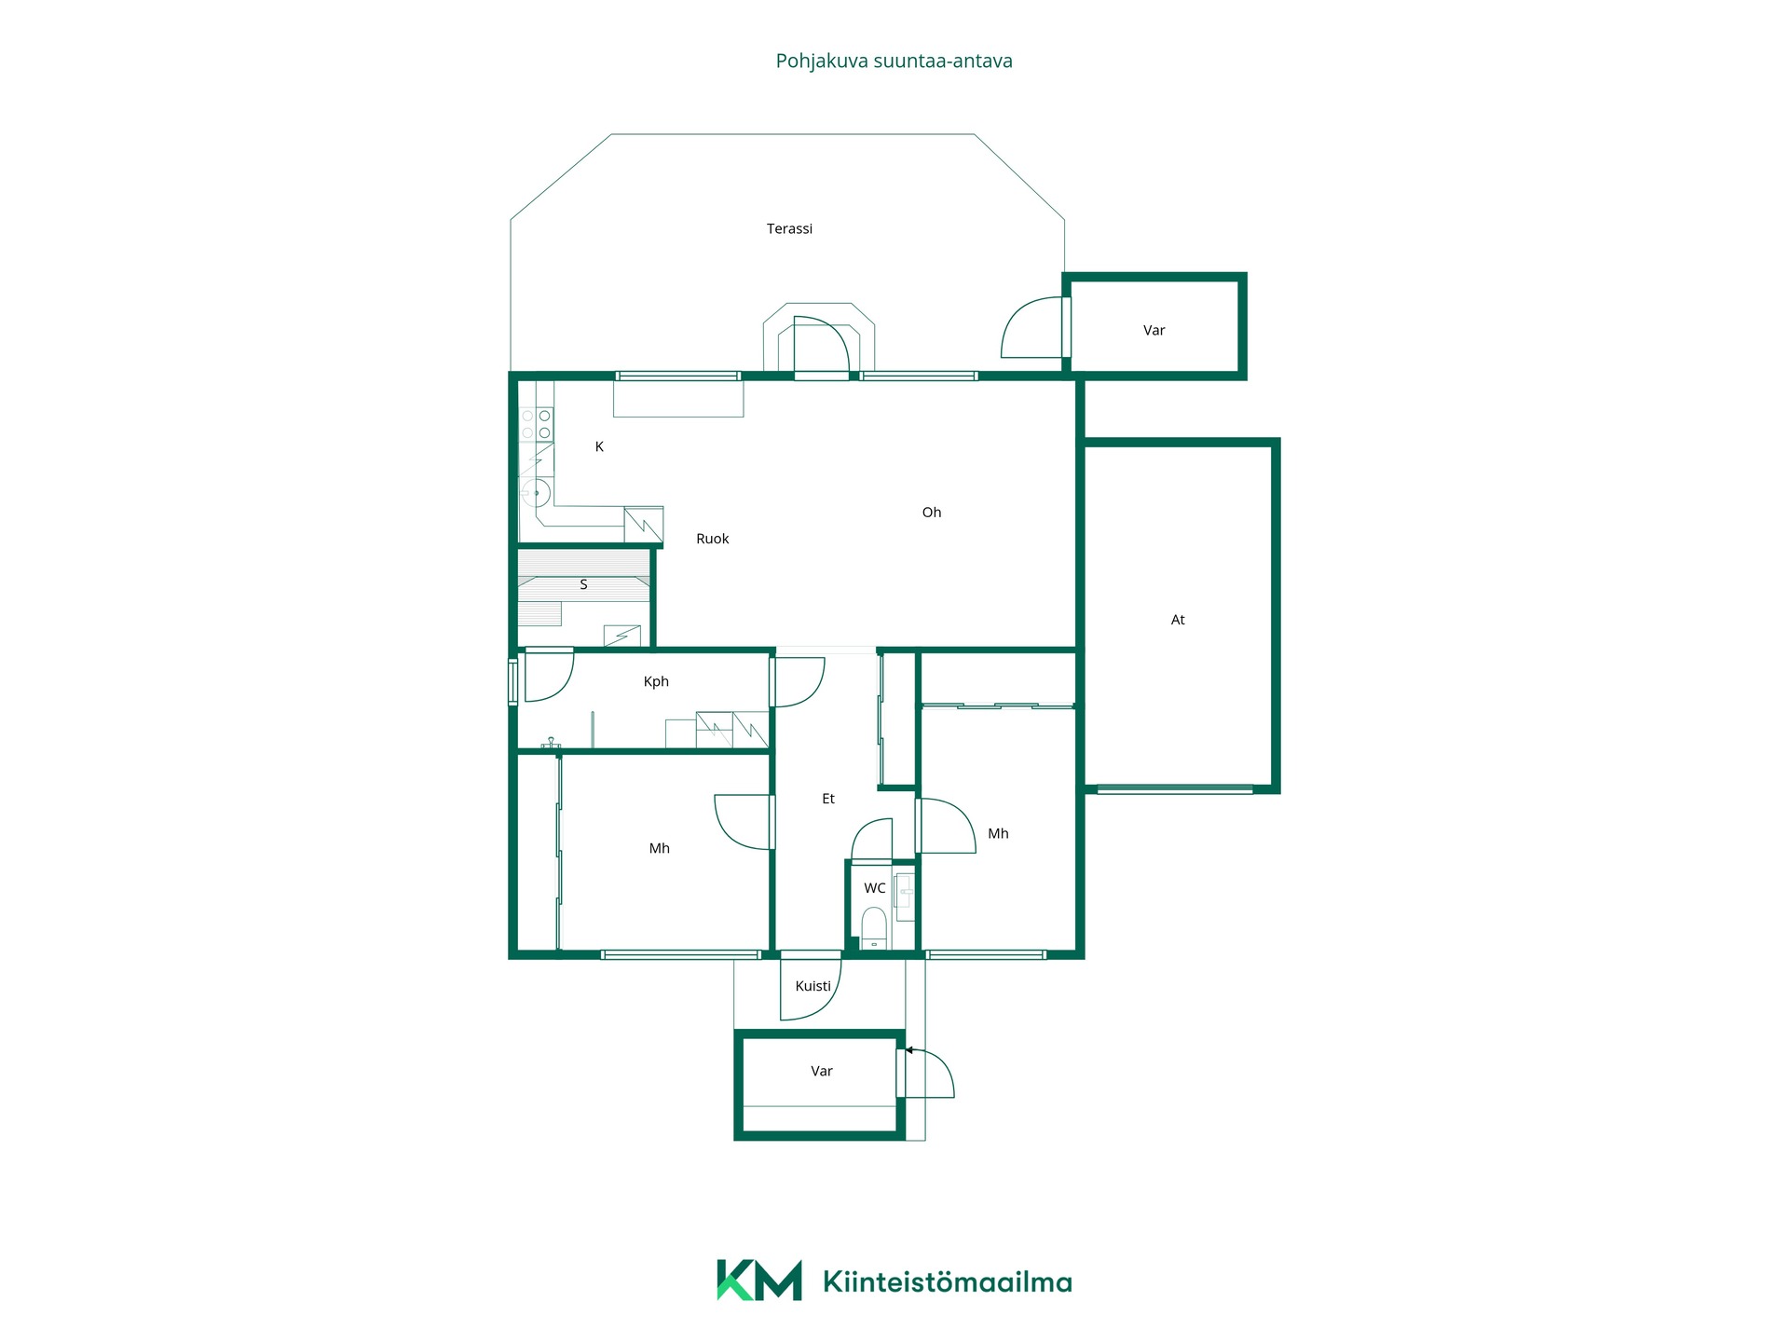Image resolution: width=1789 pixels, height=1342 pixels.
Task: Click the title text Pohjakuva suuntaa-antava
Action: (894, 62)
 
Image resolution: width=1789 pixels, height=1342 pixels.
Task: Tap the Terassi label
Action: (789, 228)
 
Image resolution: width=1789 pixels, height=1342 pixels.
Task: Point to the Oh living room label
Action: (932, 513)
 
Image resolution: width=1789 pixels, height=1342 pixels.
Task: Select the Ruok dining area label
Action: (713, 539)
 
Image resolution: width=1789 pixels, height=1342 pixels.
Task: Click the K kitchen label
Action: (599, 447)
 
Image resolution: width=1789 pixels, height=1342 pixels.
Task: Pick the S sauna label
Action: (583, 585)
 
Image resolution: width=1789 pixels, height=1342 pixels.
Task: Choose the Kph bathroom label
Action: (656, 682)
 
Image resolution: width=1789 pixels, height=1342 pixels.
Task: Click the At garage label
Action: (1178, 620)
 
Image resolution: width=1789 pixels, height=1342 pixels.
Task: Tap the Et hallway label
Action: (828, 799)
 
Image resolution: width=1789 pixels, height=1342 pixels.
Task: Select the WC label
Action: (875, 888)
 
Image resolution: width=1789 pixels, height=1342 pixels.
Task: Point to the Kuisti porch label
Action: (813, 986)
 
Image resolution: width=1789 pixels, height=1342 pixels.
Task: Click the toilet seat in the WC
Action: (873, 928)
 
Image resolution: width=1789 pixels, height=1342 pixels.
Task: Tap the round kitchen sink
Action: (536, 492)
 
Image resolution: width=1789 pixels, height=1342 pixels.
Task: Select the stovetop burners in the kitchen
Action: (536, 424)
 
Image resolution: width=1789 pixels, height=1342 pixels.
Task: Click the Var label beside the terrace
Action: (1154, 331)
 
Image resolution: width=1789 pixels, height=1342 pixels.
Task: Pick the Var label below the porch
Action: (821, 1072)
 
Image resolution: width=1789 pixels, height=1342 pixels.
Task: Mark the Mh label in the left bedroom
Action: (659, 849)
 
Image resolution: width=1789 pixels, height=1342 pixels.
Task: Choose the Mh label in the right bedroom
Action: (998, 834)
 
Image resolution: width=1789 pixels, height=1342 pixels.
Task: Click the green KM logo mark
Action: (758, 1280)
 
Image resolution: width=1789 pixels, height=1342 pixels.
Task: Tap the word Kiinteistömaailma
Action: (948, 1282)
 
